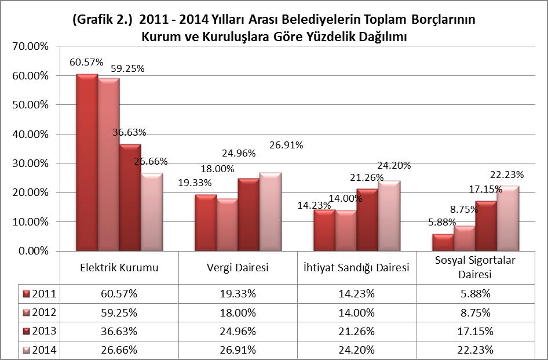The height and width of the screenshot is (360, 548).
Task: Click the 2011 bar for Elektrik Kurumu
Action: pos(87,162)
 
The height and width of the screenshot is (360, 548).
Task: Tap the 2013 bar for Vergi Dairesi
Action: pos(249,214)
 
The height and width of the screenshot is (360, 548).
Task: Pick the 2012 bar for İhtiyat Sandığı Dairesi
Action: pos(346,231)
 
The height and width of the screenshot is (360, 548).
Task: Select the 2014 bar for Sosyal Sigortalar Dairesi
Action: pos(509,219)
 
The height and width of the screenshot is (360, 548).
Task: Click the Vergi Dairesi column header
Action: pos(238,268)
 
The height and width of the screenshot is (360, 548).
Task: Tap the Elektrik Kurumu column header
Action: pos(119,268)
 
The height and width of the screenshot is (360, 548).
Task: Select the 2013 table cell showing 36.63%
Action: pos(119,332)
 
